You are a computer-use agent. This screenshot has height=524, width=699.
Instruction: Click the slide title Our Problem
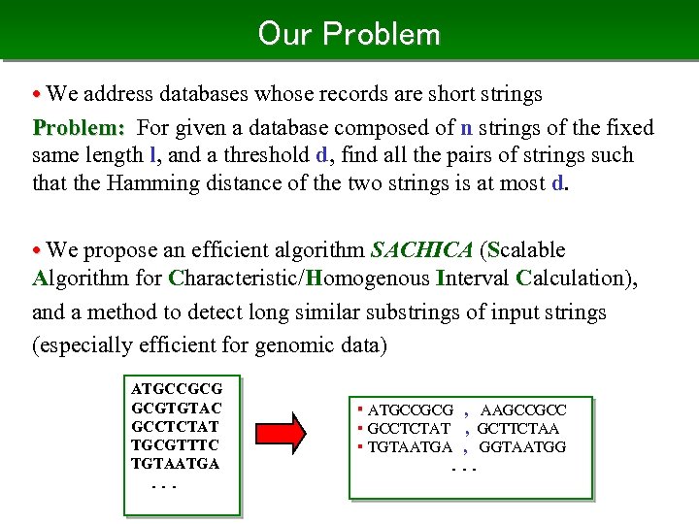[349, 34]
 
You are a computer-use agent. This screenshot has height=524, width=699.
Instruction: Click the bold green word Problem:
[79, 128]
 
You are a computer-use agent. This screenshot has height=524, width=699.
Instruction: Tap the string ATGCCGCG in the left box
[176, 389]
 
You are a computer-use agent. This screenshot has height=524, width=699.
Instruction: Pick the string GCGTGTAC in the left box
[176, 408]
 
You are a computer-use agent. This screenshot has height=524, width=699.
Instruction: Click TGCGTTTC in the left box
[175, 444]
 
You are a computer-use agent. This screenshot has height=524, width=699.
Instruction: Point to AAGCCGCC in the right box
[522, 410]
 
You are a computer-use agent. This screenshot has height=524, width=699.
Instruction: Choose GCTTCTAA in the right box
[517, 428]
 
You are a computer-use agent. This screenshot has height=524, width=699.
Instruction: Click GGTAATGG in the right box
[521, 446]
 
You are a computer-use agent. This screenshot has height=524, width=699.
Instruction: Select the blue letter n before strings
[466, 128]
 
